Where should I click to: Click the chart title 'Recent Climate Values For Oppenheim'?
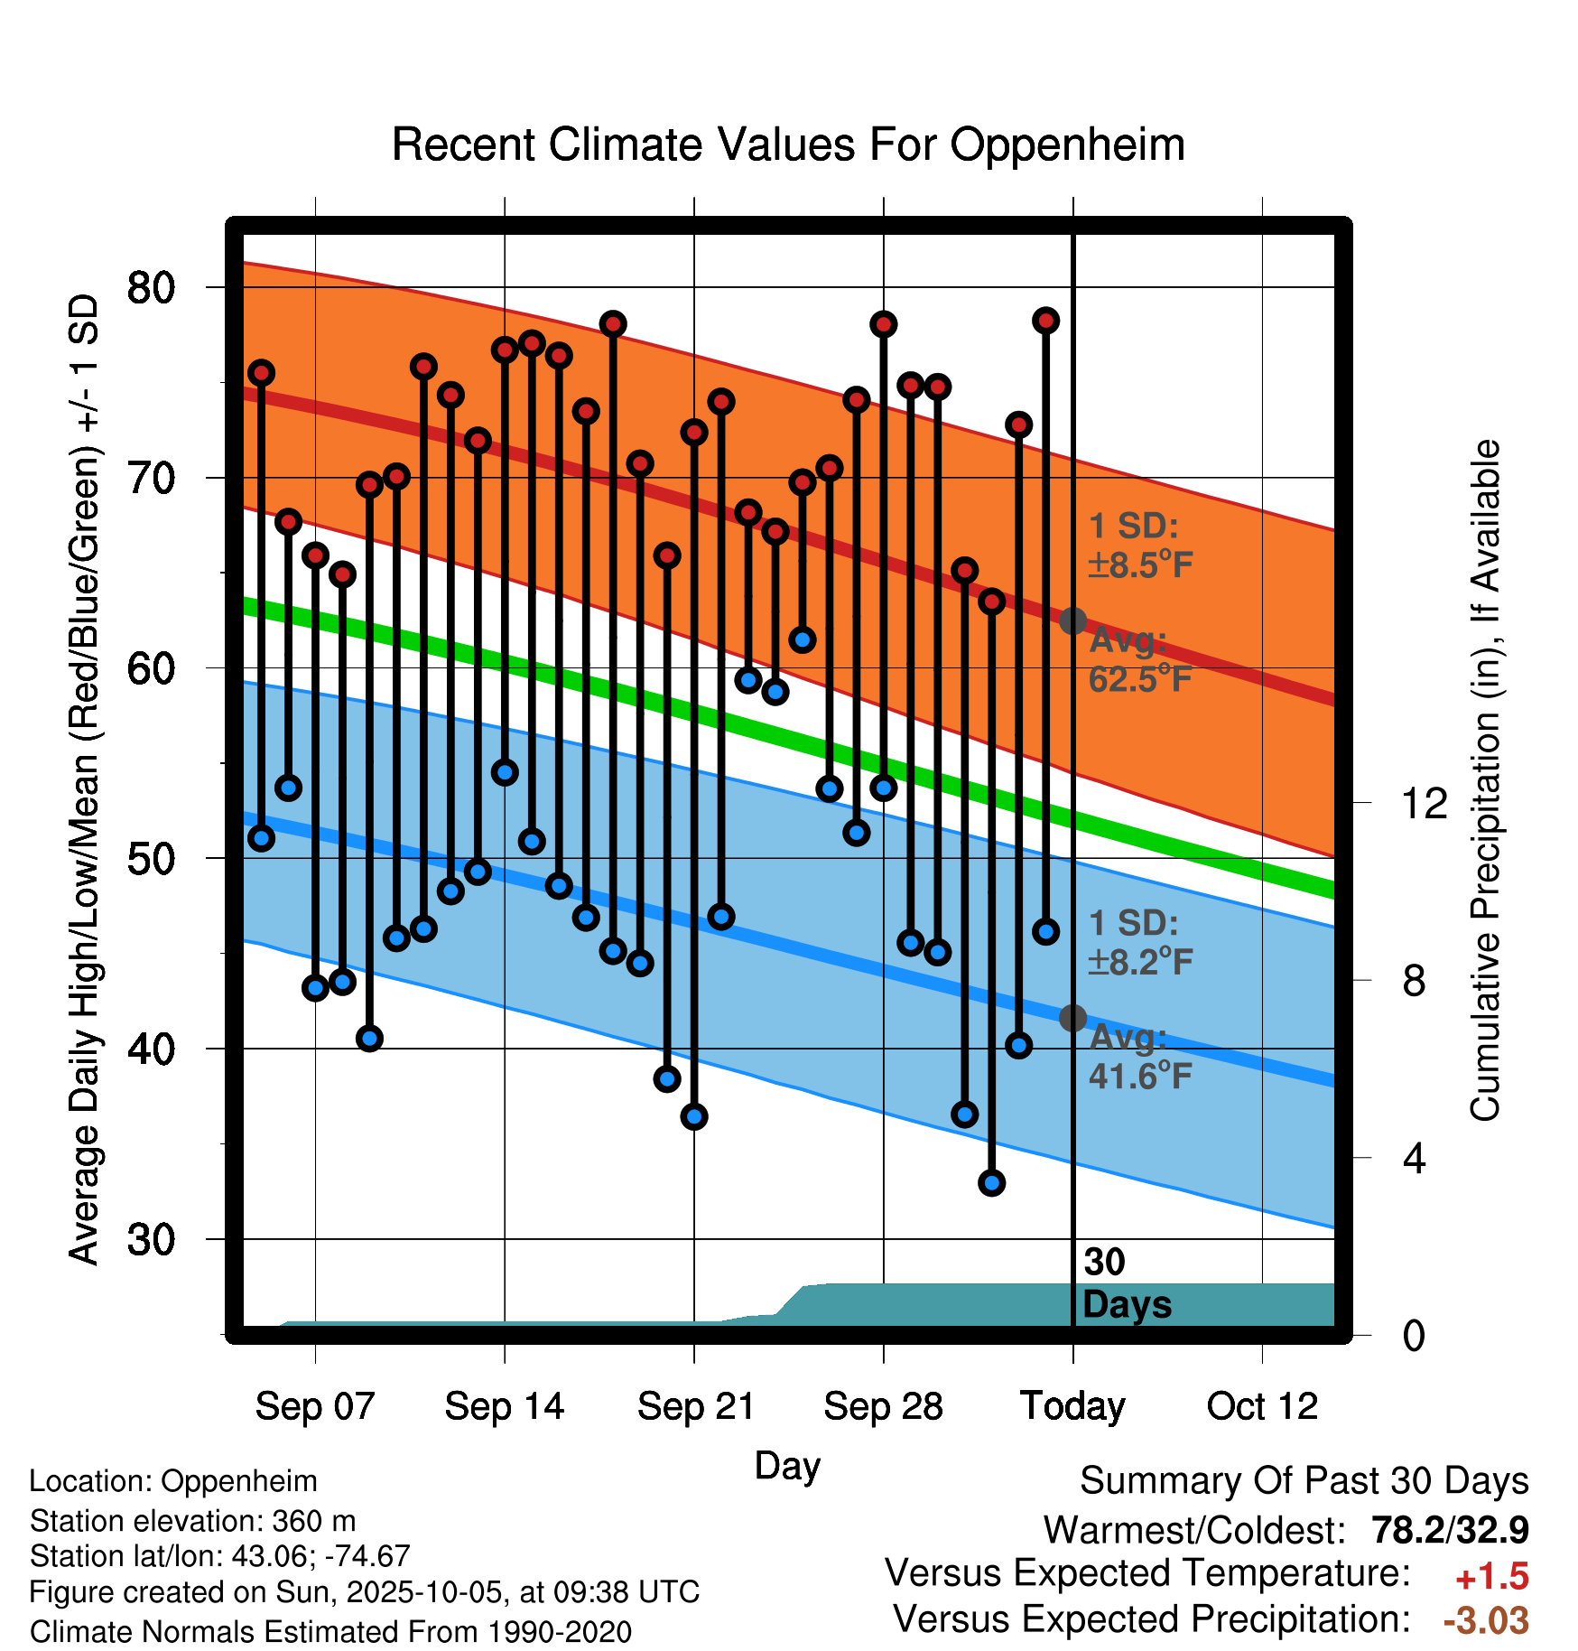pos(788,145)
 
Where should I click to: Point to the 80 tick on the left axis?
pos(151,287)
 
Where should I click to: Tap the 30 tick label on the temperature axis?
pos(151,1239)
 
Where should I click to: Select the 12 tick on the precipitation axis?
pos(1425,803)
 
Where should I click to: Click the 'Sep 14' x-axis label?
pos(504,1406)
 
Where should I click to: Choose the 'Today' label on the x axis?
pos(1072,1406)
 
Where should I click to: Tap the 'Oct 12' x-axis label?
pos(1262,1406)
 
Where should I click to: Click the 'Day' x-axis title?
pos(787,1465)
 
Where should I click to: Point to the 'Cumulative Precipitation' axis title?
pos(1485,780)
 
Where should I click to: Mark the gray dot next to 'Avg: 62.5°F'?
pos(1072,620)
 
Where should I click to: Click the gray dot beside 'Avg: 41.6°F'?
pos(1072,1018)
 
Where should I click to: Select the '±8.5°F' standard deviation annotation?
pos(1141,565)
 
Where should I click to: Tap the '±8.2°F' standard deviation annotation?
pos(1141,962)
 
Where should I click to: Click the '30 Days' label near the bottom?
pos(1126,1283)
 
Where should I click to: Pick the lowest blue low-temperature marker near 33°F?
pos(992,1183)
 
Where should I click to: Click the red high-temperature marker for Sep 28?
pos(884,324)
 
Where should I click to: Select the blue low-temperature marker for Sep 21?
pos(694,1117)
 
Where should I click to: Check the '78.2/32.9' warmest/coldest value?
pos(1450,1530)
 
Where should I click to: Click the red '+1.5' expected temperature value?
pos(1491,1577)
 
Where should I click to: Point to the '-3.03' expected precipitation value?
pos(1486,1620)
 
